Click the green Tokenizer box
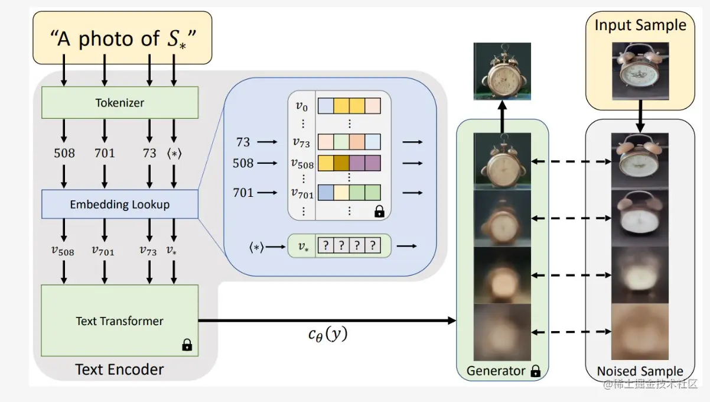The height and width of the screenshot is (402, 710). pyautogui.click(x=119, y=103)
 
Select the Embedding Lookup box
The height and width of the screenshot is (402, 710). pyautogui.click(x=119, y=205)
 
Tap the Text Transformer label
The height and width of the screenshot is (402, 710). pyautogui.click(x=119, y=321)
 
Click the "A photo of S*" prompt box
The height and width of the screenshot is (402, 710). pyautogui.click(x=122, y=38)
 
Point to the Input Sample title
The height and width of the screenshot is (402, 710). pyautogui.click(x=640, y=25)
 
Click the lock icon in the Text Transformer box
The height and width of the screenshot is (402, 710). pyautogui.click(x=187, y=345)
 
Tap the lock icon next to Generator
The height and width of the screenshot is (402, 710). pyautogui.click(x=535, y=371)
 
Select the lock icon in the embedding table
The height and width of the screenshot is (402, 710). pyautogui.click(x=379, y=211)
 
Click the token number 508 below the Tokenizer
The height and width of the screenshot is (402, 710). pyautogui.click(x=64, y=153)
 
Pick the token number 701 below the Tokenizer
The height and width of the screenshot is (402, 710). pyautogui.click(x=105, y=153)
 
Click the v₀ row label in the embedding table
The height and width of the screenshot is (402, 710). pyautogui.click(x=301, y=106)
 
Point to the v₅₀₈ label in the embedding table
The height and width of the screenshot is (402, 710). pyautogui.click(x=301, y=163)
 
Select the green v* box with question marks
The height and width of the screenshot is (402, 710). pyautogui.click(x=340, y=246)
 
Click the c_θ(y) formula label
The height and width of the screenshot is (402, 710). pyautogui.click(x=328, y=335)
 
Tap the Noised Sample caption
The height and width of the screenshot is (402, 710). pyautogui.click(x=640, y=371)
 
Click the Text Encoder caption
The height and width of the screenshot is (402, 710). pyautogui.click(x=119, y=370)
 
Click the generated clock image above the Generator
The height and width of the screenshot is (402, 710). pyautogui.click(x=501, y=72)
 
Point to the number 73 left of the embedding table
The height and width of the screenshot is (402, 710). pyautogui.click(x=243, y=142)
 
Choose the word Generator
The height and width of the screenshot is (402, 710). pyautogui.click(x=496, y=371)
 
